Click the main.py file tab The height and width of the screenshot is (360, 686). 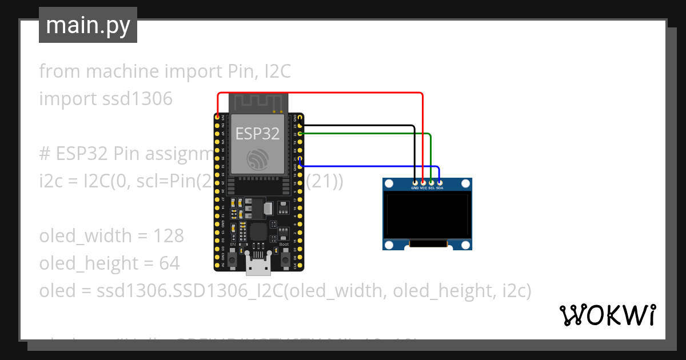click(88, 25)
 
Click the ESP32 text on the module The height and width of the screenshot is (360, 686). click(258, 134)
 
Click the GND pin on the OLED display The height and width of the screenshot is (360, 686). click(415, 182)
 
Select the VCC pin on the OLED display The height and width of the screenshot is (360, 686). click(423, 182)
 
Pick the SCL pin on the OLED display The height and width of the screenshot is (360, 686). click(431, 182)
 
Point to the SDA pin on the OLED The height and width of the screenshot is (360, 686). click(439, 182)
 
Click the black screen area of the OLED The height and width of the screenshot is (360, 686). click(427, 215)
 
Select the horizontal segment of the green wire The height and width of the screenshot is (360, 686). click(366, 134)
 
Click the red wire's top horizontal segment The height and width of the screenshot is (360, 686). click(320, 93)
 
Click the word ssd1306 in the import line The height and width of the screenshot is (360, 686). click(137, 99)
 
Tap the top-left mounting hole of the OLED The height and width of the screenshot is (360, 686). click(389, 184)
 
